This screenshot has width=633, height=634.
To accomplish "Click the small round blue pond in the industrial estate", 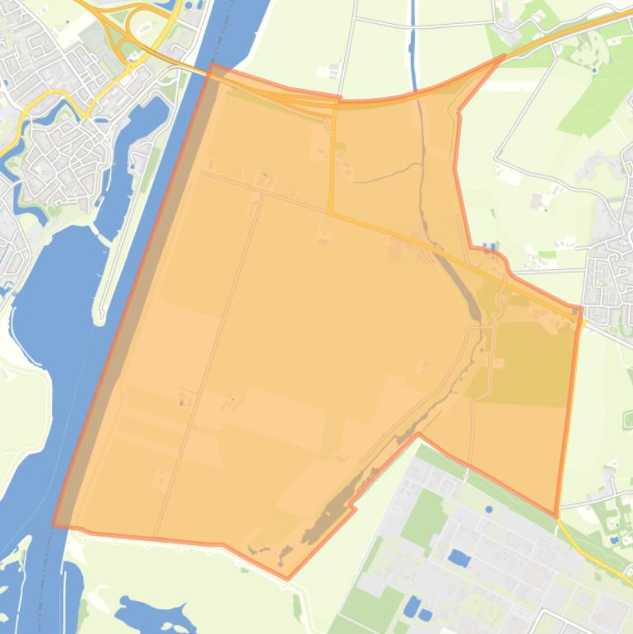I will [489, 509].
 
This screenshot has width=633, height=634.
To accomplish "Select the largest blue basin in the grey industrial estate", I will [458, 559].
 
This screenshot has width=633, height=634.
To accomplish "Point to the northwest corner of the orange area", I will [213, 65].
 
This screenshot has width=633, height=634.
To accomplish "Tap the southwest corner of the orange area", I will [54, 524].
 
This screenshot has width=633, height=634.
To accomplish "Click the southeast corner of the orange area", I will [557, 515].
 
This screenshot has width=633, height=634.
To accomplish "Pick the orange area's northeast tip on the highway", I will [505, 56].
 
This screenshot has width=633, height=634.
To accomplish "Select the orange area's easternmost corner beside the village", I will [580, 309].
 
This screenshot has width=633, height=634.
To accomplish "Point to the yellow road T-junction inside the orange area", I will [331, 213].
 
